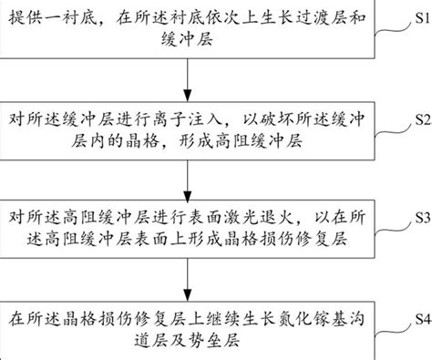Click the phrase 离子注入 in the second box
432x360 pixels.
click(186, 120)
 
